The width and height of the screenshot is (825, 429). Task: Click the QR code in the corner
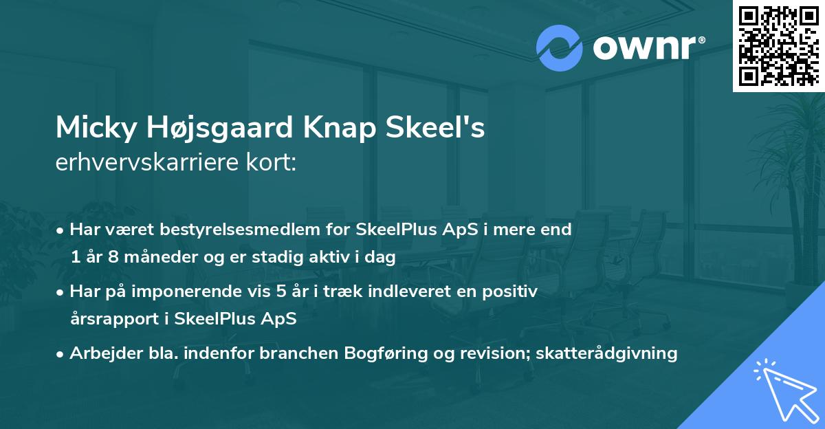[778, 46]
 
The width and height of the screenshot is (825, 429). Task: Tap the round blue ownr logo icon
[560, 48]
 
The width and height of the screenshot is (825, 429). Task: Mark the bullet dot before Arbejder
[61, 354]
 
